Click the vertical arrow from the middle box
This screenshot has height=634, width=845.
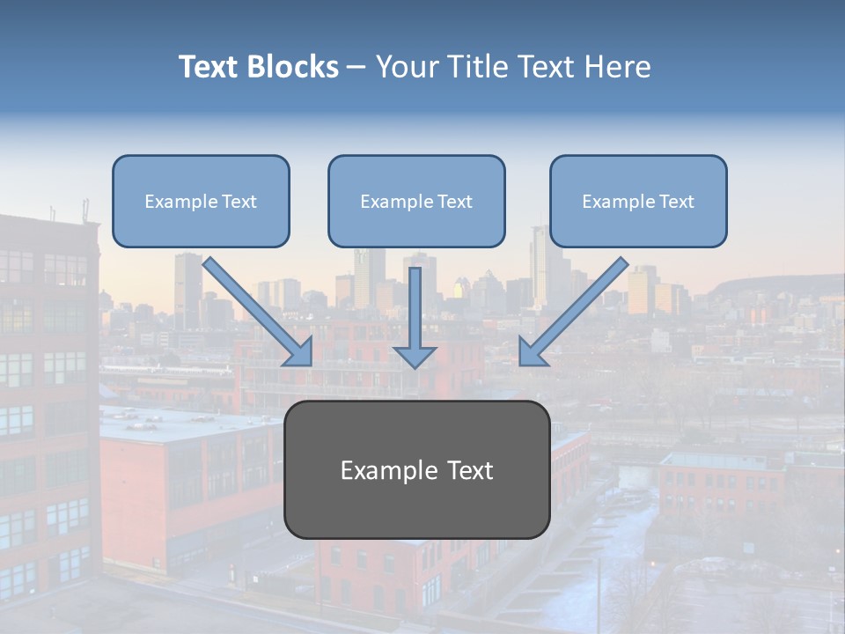415,304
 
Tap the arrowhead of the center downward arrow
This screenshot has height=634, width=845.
415,355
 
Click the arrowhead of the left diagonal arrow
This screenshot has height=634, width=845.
299,352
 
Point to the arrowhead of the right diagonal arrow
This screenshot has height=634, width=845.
532,351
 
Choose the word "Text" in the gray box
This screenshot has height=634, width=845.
469,471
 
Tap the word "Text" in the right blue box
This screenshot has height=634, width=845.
676,202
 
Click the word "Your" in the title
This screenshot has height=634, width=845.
405,67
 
